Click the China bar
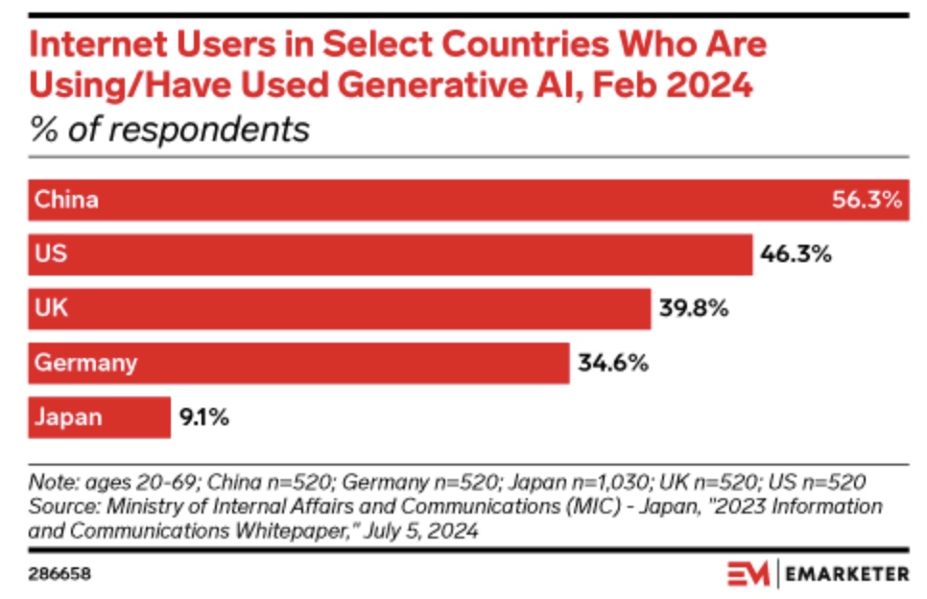[x=468, y=200]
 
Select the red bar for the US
[x=390, y=254]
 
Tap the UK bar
[x=340, y=308]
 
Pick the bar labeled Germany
[x=298, y=363]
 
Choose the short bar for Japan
[x=100, y=418]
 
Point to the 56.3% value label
[x=867, y=201]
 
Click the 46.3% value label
[x=795, y=254]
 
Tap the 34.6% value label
[x=612, y=364]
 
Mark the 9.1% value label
[x=203, y=419]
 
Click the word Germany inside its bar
[x=86, y=364]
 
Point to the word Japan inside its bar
[x=68, y=419]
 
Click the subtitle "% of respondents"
[x=169, y=129]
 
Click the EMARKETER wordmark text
[x=848, y=574]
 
